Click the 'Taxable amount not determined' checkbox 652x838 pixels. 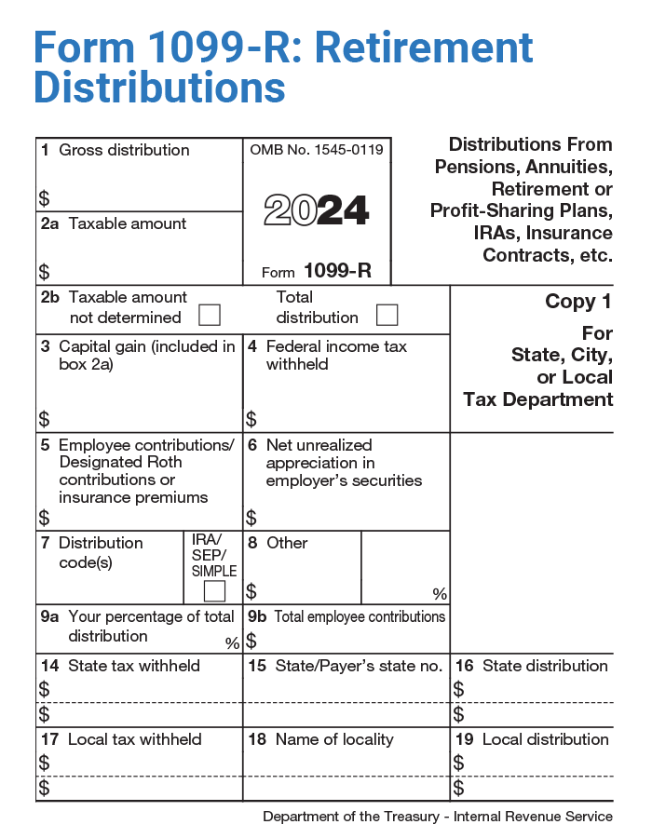click(210, 315)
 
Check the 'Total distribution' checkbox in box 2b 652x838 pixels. click(387, 315)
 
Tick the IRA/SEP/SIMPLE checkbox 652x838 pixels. click(214, 590)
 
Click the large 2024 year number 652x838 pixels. click(316, 210)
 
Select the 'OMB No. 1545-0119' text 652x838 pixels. click(317, 149)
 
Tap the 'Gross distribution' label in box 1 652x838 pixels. click(124, 150)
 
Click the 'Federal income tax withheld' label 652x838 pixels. click(335, 355)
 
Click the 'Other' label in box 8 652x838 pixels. click(287, 543)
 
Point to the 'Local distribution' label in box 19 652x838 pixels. click(545, 739)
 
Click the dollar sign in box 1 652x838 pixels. click(44, 198)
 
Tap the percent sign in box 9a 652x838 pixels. click(232, 642)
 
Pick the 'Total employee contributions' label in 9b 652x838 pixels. click(360, 616)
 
